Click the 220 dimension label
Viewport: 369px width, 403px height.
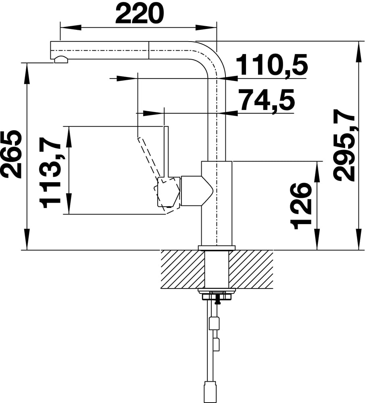coord(139,14)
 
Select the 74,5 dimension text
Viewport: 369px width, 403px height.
coord(267,99)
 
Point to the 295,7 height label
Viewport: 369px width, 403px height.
coord(344,145)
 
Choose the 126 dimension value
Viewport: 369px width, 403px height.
coord(301,206)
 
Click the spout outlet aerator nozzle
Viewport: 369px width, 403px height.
coord(61,60)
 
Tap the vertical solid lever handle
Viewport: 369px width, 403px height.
coord(166,152)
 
